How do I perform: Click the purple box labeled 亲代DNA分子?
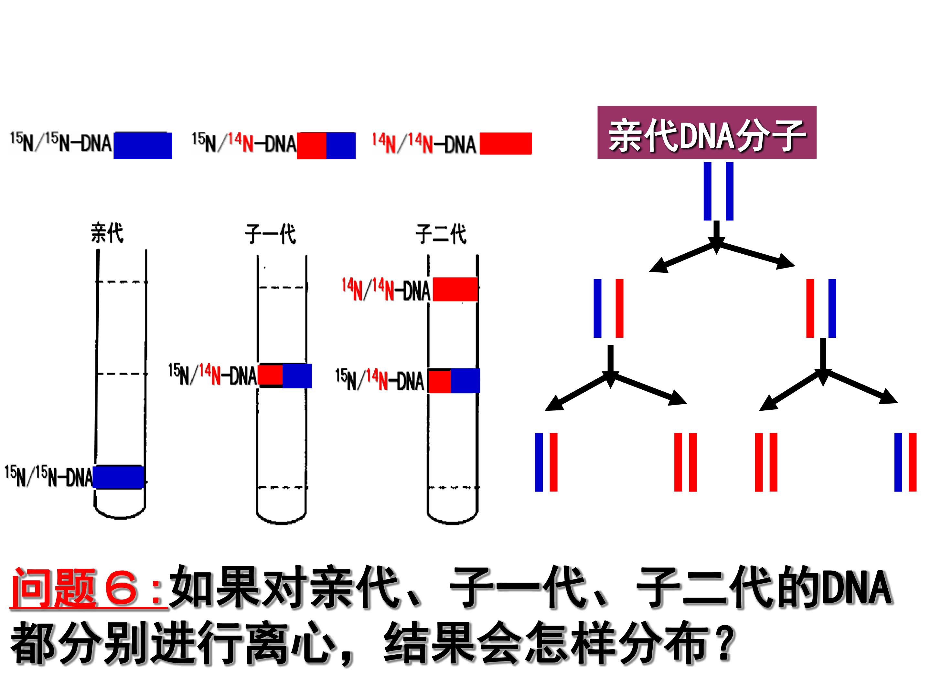point(707,132)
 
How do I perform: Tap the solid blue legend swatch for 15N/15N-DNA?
point(143,145)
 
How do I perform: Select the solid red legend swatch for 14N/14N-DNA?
point(506,143)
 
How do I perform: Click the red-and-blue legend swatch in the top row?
point(326,145)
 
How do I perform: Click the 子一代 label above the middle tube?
point(270,234)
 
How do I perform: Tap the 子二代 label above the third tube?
point(441,234)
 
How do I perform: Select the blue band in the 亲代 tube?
point(118,477)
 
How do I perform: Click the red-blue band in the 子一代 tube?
point(284,375)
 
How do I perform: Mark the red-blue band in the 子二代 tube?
point(454,381)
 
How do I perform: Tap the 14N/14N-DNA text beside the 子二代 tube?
point(386,290)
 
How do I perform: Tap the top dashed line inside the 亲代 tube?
point(121,282)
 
